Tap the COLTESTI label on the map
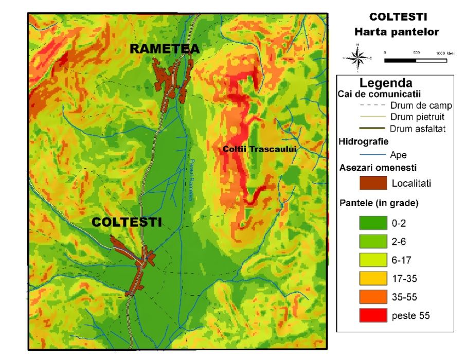coord(127,222)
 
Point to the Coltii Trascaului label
coord(260,149)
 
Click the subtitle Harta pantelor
coord(397,32)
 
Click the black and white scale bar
coord(415,60)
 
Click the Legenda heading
coord(386,83)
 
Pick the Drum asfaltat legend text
coord(417,129)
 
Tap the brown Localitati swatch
coord(372,183)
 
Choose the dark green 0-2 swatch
coord(372,224)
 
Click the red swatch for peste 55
coord(372,315)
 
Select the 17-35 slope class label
coord(404,279)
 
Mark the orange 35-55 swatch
coord(372,297)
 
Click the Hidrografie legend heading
coord(364,141)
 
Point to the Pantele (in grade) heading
coord(379,203)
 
